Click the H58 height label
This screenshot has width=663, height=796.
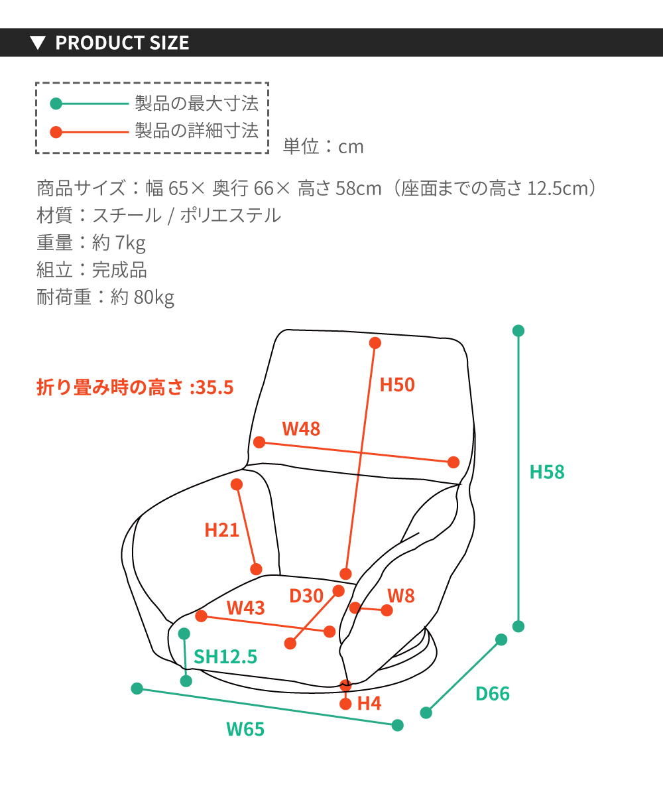point(547,472)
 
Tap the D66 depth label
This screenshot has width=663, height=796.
point(493,693)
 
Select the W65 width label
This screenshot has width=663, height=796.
point(245,729)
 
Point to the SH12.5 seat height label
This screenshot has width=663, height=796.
point(225,657)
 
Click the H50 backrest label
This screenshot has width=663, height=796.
point(397,385)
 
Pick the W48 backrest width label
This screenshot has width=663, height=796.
point(301,429)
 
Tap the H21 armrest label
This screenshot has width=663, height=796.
point(221,530)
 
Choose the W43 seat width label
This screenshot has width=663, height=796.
point(245,608)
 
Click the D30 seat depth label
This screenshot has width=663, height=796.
point(306,596)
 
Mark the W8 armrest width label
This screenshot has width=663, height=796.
point(401,596)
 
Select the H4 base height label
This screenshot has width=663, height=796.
point(369,703)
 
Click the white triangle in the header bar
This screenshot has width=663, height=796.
point(38,42)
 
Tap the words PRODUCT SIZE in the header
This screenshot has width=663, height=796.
point(122,42)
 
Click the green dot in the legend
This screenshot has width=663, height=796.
point(56,103)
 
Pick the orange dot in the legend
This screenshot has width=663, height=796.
point(56,132)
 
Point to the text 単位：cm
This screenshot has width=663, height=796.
point(323,147)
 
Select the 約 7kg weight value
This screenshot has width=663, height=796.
point(119,243)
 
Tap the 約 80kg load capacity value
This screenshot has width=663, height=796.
point(142,297)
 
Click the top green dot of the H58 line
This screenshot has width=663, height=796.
point(518,331)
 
